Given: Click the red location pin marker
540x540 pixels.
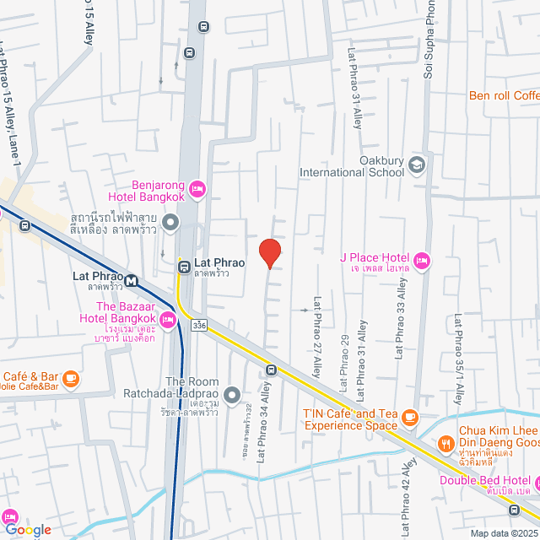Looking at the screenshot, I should (269, 252).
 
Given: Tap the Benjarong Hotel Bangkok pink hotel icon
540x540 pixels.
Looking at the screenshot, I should (197, 189).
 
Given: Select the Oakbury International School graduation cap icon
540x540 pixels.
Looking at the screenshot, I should (416, 164).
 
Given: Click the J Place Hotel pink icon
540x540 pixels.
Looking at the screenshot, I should (422, 257).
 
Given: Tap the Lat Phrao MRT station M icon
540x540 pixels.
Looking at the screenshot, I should (131, 280).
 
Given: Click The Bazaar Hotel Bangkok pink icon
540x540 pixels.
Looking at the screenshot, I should (167, 319).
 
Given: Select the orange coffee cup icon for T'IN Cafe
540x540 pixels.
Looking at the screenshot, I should (410, 416).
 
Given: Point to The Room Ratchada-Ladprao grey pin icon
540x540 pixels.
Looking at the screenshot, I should (235, 392).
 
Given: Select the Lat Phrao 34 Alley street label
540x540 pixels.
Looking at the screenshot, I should (262, 423).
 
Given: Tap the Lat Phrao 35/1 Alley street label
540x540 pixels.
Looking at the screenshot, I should (458, 350).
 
